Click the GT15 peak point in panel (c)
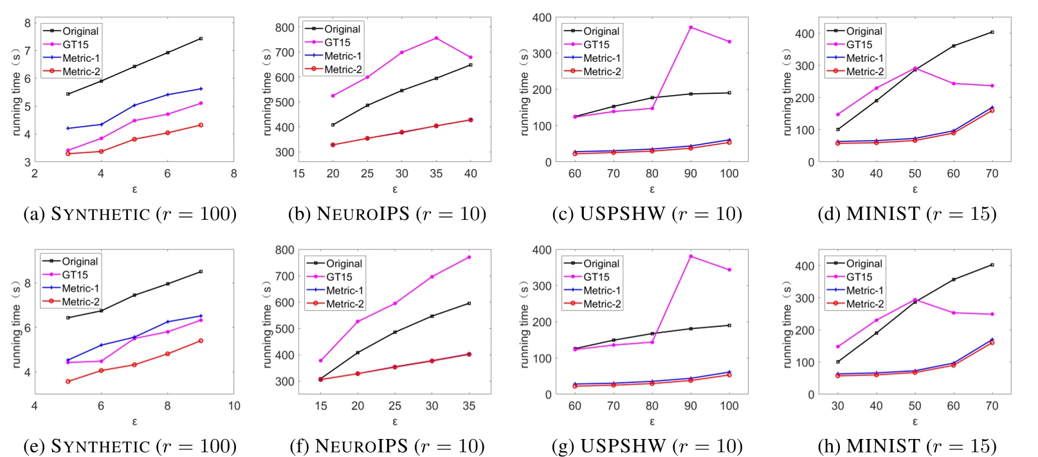click(691, 27)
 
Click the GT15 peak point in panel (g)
click(691, 256)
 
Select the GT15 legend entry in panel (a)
click(75, 44)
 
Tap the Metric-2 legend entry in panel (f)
click(345, 304)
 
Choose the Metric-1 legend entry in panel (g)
click(602, 291)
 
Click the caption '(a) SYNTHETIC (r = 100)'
click(130, 213)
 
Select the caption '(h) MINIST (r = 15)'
click(907, 445)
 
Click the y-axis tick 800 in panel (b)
click(284, 28)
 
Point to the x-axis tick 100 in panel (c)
click(729, 174)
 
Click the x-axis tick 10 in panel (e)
click(234, 406)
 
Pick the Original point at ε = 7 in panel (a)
click(201, 39)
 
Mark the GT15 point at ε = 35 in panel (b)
click(436, 38)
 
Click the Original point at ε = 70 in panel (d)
click(992, 32)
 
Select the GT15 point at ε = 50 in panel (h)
click(915, 300)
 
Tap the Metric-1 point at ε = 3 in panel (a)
click(68, 129)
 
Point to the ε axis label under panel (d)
click(915, 190)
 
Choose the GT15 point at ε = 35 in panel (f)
click(469, 257)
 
